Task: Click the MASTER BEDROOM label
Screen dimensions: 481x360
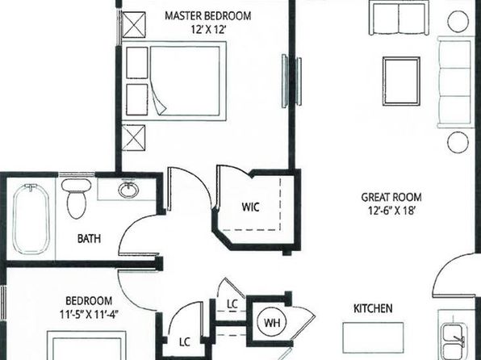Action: coord(208,15)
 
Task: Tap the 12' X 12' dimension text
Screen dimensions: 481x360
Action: coord(208,30)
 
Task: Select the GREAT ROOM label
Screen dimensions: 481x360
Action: coord(391,197)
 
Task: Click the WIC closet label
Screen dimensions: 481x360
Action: coord(250,207)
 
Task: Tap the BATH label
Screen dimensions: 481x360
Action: coord(89,238)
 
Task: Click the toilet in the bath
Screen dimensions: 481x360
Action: coord(76,198)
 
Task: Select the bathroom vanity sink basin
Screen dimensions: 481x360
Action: coord(128,190)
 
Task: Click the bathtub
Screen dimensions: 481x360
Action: coord(31,219)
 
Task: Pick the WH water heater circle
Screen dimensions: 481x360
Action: coord(272,323)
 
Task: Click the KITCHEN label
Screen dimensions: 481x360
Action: coord(373,308)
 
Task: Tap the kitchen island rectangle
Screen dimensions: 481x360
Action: coord(373,337)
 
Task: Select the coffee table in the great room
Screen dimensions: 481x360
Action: coord(401,82)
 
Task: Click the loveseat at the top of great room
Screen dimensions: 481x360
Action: coord(399,18)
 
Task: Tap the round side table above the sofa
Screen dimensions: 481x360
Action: coord(458,21)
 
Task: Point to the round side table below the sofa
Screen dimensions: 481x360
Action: coord(458,142)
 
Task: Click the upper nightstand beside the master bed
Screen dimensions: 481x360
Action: coord(137,63)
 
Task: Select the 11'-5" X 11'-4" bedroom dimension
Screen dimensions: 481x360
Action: coord(89,314)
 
